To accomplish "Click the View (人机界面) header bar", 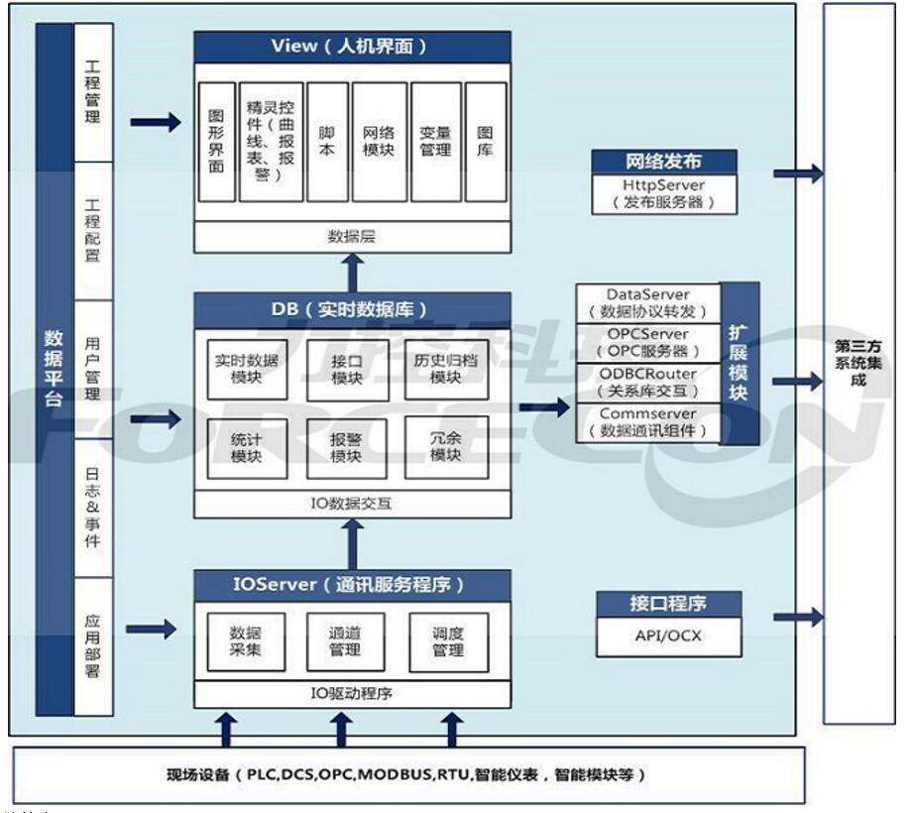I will coord(352,47).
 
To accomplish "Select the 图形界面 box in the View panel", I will coord(217,142).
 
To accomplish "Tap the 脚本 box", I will coord(326,142).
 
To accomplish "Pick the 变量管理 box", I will coord(436,142).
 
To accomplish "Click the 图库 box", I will coord(486,142).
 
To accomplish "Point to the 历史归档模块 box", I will coord(446,369).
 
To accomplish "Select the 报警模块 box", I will coord(347,447).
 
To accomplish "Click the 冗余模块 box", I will coord(446,447).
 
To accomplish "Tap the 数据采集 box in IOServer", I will coord(245,641).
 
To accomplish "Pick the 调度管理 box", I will coord(448,641).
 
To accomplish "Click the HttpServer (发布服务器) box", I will coord(665,194).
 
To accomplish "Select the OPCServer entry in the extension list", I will coord(649,343).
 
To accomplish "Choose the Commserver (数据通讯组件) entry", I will coord(649,421).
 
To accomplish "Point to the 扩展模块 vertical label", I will coord(741,363).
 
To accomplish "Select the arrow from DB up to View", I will coord(351,271).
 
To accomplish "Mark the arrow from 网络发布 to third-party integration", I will coord(798,174).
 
